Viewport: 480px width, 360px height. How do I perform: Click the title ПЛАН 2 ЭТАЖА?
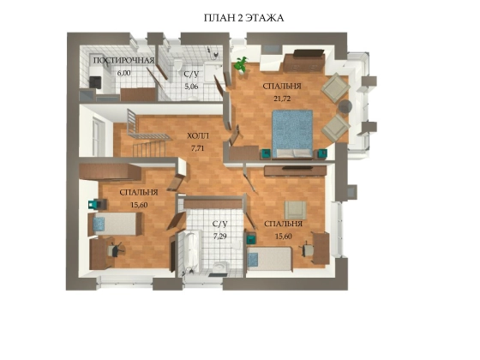point(243,18)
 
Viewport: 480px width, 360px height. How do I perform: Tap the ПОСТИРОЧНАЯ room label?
point(123,60)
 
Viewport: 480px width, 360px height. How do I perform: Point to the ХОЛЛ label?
point(198,135)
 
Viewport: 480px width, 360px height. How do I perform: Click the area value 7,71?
point(197,148)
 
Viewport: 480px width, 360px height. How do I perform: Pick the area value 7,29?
point(220,236)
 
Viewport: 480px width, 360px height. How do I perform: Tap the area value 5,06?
point(191,87)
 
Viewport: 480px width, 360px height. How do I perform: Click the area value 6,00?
point(124,73)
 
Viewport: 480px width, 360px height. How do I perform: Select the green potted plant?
point(241,65)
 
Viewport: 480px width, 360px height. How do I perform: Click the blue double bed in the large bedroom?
point(292,134)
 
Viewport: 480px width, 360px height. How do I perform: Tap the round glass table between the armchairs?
point(345,106)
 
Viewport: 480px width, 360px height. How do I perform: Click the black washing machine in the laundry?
point(95,81)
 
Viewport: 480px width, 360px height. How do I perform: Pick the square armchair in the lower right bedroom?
point(295,210)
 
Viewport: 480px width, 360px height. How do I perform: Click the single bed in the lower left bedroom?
point(115,224)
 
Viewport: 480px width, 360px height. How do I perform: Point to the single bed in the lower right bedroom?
point(270,259)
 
